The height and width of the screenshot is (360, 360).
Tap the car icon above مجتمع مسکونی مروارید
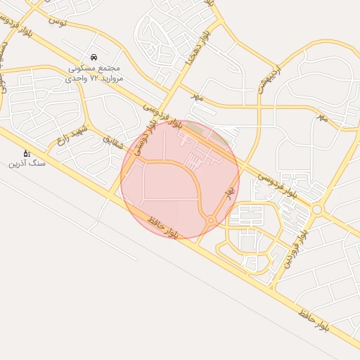pyautogui.click(x=94, y=57)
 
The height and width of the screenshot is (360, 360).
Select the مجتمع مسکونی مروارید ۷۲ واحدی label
pyautogui.click(x=94, y=74)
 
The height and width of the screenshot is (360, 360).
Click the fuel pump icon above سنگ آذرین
pyautogui.click(x=27, y=153)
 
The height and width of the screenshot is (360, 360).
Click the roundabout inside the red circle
pyautogui.click(x=212, y=221)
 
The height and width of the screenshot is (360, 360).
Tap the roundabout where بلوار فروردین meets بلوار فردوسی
pyautogui.click(x=317, y=209)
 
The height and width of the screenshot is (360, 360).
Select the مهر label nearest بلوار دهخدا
pyautogui.click(x=197, y=98)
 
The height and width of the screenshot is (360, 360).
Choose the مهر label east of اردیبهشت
pyautogui.click(x=321, y=117)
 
